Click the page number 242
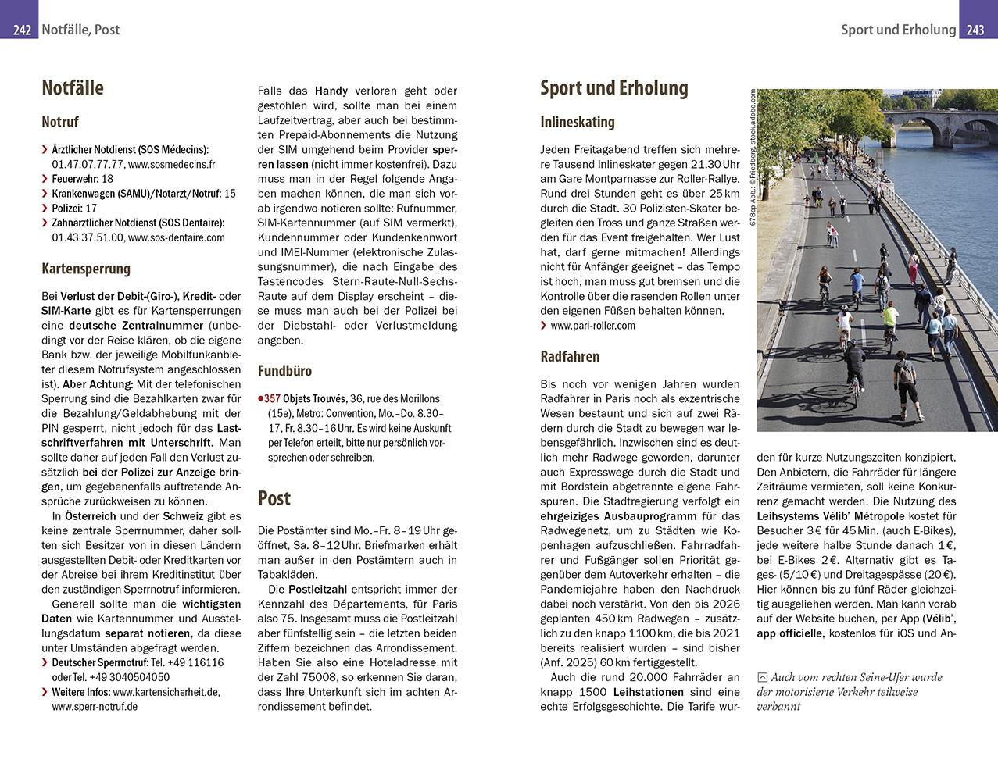(x=22, y=30)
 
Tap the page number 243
(x=975, y=30)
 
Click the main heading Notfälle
(x=73, y=87)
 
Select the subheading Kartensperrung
(x=86, y=269)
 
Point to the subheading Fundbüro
(x=284, y=371)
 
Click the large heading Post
(x=274, y=498)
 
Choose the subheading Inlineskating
(x=578, y=122)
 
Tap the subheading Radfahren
(x=570, y=357)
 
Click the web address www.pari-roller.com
(x=592, y=326)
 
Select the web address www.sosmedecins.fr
(x=171, y=164)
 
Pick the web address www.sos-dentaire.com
(x=176, y=237)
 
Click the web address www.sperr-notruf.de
(x=95, y=706)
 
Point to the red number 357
(x=271, y=399)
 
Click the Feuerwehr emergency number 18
(x=108, y=179)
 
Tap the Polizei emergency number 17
(x=91, y=208)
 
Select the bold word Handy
(x=331, y=91)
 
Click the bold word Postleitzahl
(x=318, y=589)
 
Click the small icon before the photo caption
(x=763, y=678)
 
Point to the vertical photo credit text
(x=753, y=156)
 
